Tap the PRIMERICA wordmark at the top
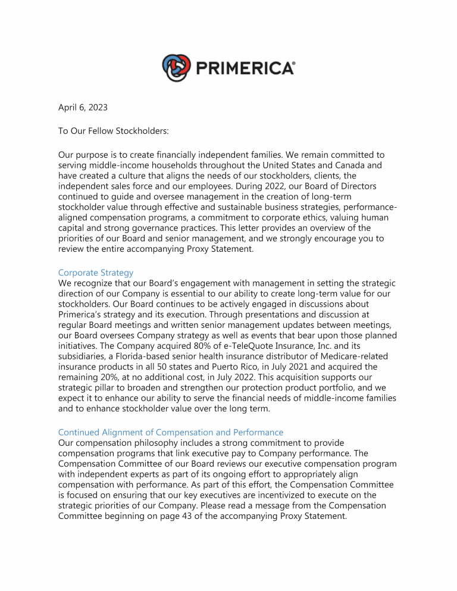tap(244, 68)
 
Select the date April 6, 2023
tap(83, 108)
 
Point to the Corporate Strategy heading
tap(96, 273)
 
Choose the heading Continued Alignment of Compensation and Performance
tap(170, 432)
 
